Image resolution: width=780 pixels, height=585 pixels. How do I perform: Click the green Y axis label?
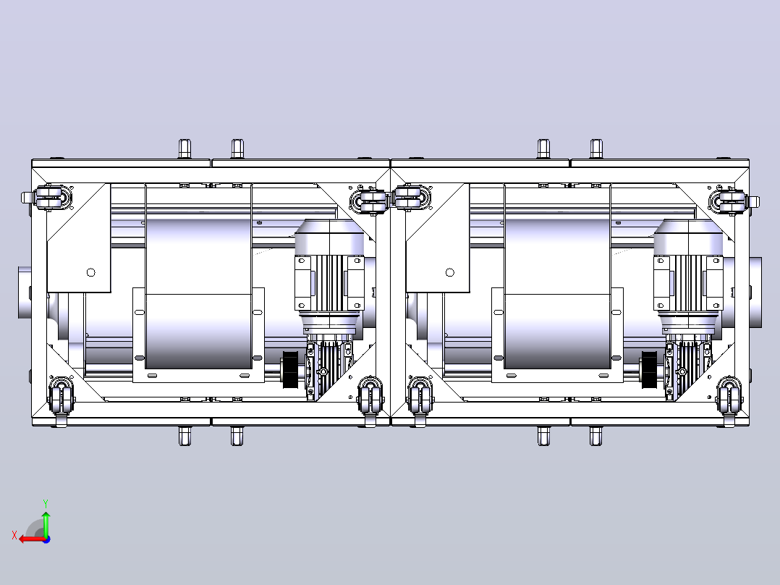click(46, 503)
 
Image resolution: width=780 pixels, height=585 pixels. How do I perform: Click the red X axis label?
click(14, 536)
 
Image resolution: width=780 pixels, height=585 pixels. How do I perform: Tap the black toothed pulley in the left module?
click(290, 369)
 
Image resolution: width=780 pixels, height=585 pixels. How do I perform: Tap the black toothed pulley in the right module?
click(649, 369)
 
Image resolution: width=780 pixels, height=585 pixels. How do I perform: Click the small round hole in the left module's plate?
click(91, 272)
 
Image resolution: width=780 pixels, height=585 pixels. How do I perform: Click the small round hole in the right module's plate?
click(450, 272)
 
